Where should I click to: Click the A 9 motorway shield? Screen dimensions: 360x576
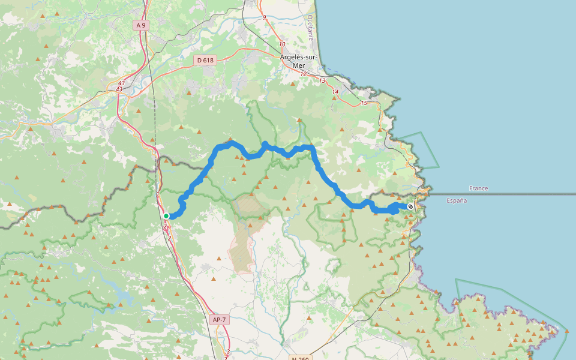140,25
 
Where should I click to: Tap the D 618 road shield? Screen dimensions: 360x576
205,60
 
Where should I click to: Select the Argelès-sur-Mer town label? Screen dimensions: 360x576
298,61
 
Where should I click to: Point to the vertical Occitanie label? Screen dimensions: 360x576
310,27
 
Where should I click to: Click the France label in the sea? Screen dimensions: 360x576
479,188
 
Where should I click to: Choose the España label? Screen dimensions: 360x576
457,200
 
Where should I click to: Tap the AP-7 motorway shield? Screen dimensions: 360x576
220,320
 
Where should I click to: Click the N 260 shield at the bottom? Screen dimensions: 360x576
300,358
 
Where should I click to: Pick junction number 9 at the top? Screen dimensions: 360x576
264,17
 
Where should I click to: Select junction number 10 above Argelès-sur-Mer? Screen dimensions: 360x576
282,44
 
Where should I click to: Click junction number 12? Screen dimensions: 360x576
303,74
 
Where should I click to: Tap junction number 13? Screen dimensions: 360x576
322,80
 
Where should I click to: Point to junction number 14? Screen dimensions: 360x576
335,92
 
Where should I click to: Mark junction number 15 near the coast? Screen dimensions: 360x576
364,103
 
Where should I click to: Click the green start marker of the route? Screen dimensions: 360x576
166,216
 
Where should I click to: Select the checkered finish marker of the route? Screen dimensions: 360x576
410,206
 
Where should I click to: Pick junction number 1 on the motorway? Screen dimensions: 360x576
158,194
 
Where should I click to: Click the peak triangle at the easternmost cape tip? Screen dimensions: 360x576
567,331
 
